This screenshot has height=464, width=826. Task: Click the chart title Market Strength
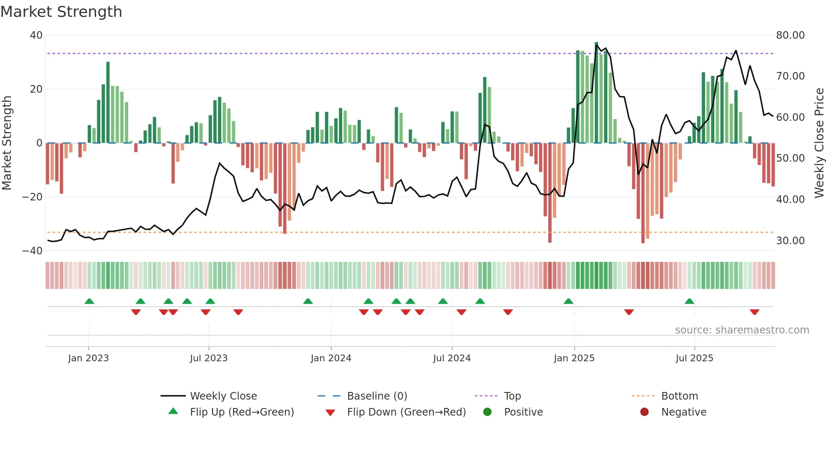(61, 12)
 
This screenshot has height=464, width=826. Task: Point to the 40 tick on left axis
(36, 35)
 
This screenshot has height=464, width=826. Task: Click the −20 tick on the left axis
(33, 197)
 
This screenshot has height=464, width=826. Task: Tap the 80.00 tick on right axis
(790, 35)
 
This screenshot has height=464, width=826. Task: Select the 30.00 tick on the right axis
(790, 240)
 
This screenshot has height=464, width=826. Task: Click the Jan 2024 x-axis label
(331, 358)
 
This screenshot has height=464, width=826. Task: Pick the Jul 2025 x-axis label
(694, 358)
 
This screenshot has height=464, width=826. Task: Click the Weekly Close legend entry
(223, 396)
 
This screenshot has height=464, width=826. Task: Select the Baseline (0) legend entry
(377, 396)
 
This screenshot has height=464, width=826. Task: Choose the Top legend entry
(512, 396)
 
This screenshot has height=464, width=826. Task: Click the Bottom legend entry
(679, 396)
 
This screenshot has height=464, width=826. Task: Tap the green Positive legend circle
(487, 412)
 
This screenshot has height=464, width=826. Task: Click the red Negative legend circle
(644, 412)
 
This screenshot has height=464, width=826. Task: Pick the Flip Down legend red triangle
(330, 412)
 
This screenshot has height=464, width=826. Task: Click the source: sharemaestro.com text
(742, 330)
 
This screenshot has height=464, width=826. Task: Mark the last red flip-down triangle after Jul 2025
(754, 312)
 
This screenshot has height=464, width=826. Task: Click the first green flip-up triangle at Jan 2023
(89, 301)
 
